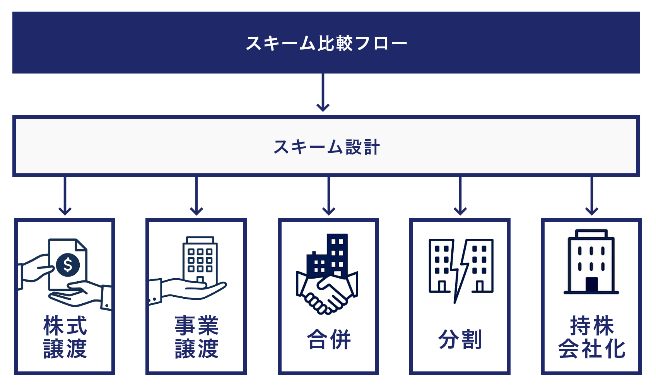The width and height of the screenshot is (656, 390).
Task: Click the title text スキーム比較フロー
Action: pyautogui.click(x=326, y=43)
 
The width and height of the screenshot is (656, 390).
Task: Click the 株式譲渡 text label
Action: pyautogui.click(x=65, y=337)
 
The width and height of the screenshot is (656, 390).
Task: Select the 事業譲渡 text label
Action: pyautogui.click(x=196, y=337)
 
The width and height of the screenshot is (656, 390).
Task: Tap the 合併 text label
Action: pyautogui.click(x=328, y=339)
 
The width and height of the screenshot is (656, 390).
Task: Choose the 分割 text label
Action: pyautogui.click(x=460, y=339)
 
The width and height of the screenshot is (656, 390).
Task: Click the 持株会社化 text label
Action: pyautogui.click(x=591, y=337)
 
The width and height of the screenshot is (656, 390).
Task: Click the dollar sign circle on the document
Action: pyautogui.click(x=68, y=265)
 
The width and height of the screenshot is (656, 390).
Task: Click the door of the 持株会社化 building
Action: pyautogui.click(x=591, y=284)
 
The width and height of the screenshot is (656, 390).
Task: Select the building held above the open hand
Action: pyautogui.click(x=200, y=259)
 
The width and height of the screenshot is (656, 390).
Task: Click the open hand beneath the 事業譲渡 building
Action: pyautogui.click(x=193, y=290)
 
